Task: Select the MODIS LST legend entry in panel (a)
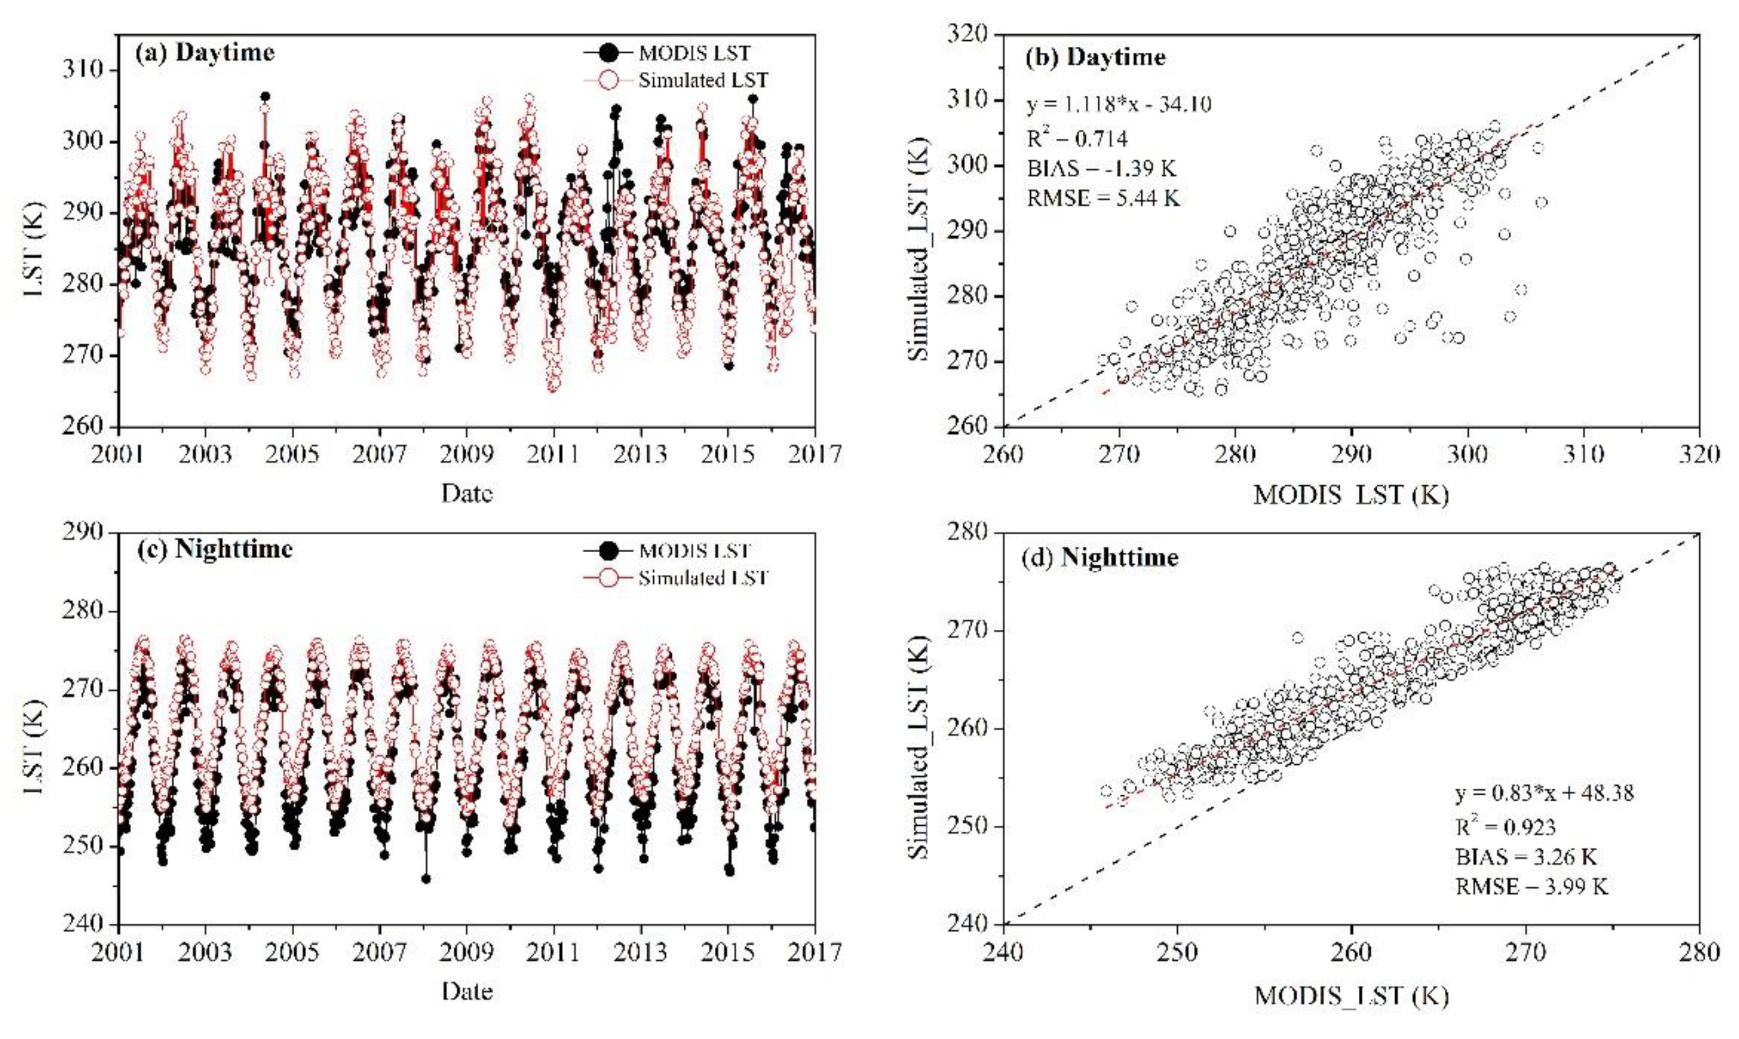pyautogui.click(x=693, y=53)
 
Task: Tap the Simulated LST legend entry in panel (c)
pyautogui.click(x=702, y=578)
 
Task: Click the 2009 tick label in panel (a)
pyautogui.click(x=467, y=456)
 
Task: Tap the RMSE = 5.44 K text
pyautogui.click(x=1103, y=199)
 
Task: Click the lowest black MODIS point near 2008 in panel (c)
pyautogui.click(x=426, y=879)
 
